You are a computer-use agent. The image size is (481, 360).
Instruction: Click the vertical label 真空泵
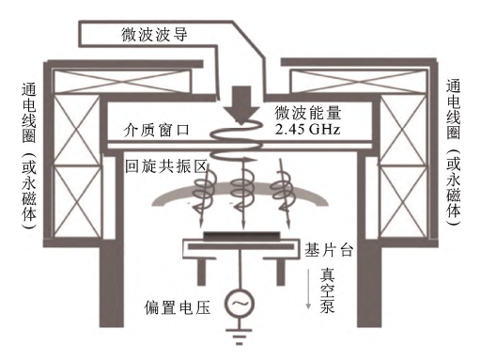pyautogui.click(x=326, y=292)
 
